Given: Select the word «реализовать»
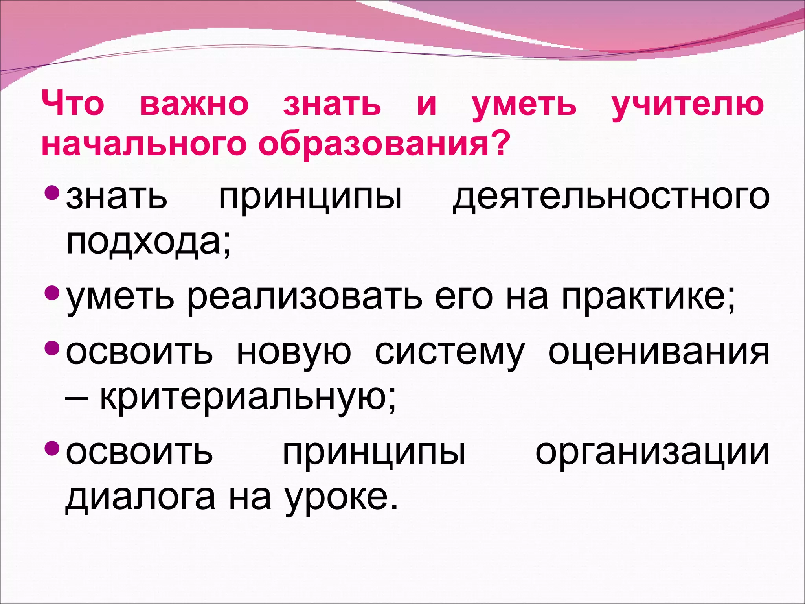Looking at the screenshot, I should pyautogui.click(x=305, y=296).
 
